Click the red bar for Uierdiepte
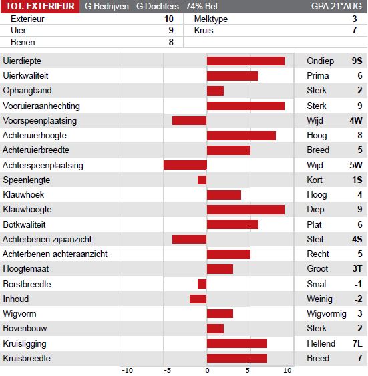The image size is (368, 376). point(246,61)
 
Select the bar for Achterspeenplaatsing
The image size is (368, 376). point(185,165)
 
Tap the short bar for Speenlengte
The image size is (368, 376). point(202,180)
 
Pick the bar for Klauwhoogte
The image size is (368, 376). point(246,210)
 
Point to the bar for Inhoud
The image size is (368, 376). point(198,299)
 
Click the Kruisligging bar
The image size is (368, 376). point(237,344)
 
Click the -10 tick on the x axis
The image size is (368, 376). point(128,371)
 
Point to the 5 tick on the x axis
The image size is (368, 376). point(248,371)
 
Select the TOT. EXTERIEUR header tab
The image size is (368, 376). point(40,7)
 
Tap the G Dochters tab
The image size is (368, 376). point(158,7)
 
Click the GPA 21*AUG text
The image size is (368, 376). point(337,7)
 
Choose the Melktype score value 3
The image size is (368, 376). point(355,19)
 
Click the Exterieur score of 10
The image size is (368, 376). point(169,19)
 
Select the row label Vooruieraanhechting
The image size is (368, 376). point(41,106)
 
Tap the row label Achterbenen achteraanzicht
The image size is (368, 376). point(55,254)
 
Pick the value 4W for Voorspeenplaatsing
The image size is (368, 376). point(356,120)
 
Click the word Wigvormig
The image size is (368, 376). point(327,314)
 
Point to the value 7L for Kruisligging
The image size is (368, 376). point(357,344)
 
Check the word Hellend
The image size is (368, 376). point(321,344)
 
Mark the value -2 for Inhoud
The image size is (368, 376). point(359,299)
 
